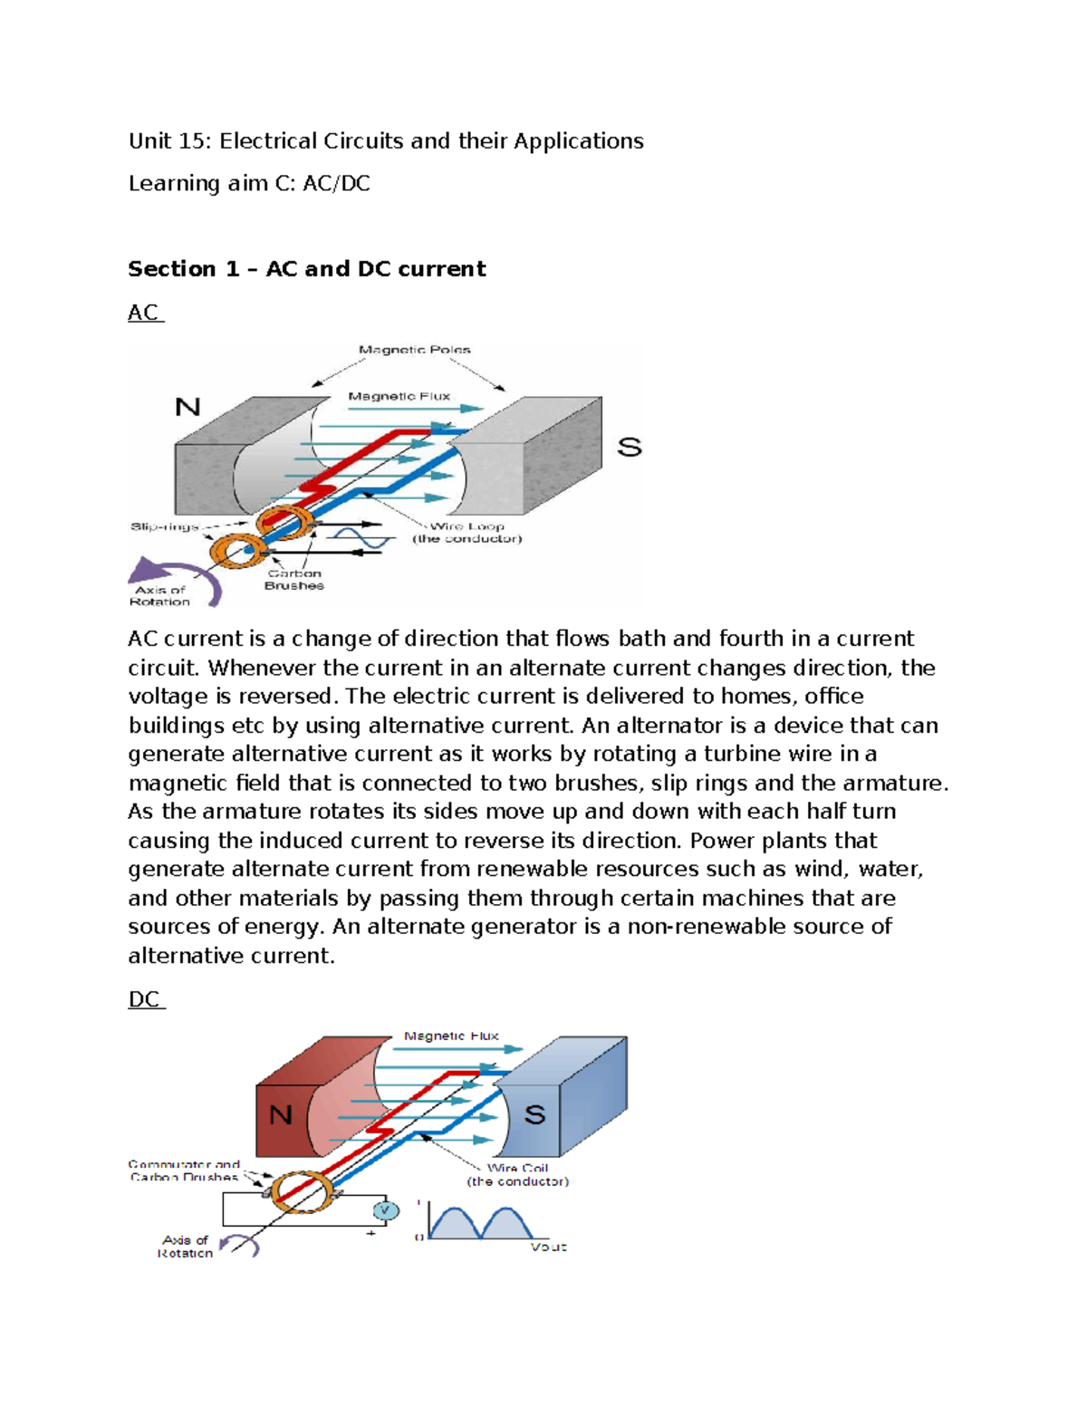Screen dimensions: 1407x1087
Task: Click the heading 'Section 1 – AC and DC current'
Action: (x=306, y=269)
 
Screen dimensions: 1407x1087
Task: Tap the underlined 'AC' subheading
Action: (x=144, y=313)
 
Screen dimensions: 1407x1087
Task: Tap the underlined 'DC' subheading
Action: (x=145, y=999)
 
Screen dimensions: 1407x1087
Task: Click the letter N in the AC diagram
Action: (x=188, y=407)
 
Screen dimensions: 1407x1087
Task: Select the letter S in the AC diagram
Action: (x=629, y=447)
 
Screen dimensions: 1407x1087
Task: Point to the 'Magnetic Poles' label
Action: (x=414, y=350)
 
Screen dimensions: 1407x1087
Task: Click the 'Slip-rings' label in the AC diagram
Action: (x=164, y=526)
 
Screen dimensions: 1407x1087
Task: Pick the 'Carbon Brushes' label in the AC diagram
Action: (x=293, y=580)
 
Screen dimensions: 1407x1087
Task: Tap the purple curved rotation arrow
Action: (x=172, y=577)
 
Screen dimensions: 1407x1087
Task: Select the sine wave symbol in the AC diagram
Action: (x=361, y=540)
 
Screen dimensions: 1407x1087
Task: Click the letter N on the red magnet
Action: (x=281, y=1113)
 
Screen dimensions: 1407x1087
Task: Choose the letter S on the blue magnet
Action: (x=534, y=1114)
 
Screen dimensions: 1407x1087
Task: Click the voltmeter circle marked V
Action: (x=386, y=1210)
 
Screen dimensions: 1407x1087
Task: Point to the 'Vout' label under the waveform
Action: (x=548, y=1248)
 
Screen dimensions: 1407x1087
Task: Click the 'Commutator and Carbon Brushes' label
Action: (x=184, y=1171)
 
